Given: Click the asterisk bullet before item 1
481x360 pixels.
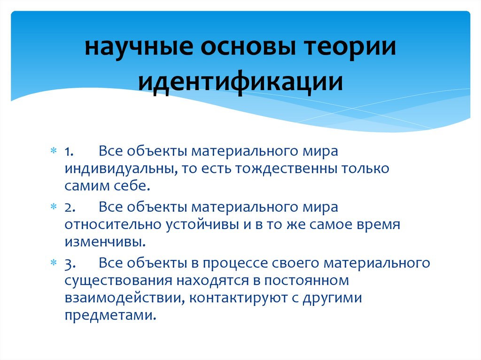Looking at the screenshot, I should [x=54, y=152].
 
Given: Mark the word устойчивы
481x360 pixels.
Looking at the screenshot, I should [x=202, y=224].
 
